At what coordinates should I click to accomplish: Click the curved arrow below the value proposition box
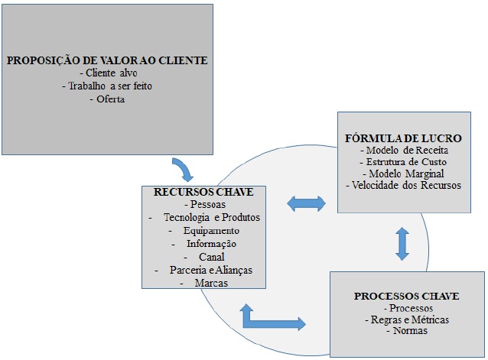pyautogui.click(x=184, y=168)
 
